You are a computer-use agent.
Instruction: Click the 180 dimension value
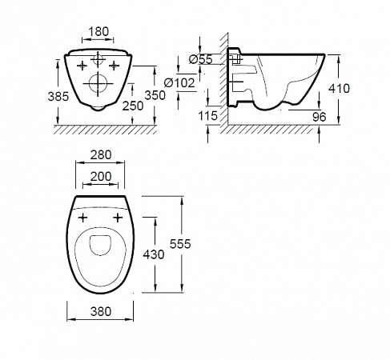point(99,31)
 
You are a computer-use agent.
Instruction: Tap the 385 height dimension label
point(58,96)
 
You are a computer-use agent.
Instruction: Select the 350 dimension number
point(155,95)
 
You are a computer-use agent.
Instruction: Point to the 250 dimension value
point(133,106)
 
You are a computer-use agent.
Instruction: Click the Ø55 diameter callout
point(201,59)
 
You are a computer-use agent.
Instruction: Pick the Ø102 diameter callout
point(179,83)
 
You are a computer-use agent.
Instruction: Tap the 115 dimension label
point(207,116)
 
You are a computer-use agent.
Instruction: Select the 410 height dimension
point(339,88)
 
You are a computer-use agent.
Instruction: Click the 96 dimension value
point(320,117)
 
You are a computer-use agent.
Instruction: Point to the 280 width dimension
point(101,155)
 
